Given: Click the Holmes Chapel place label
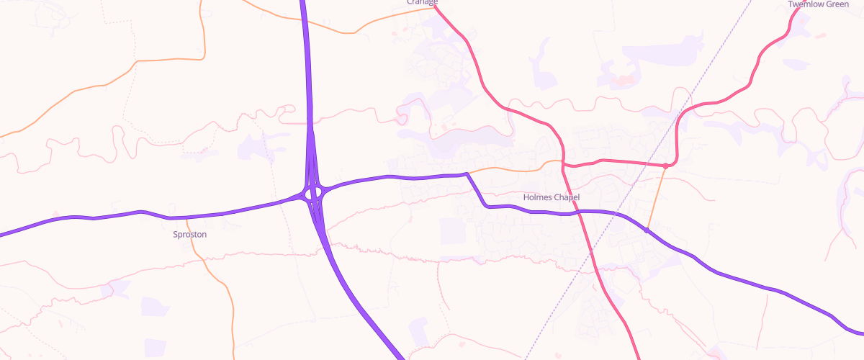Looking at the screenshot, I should coord(551,197).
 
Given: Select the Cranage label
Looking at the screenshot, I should coord(422,2).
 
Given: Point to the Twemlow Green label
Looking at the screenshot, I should coord(819,4).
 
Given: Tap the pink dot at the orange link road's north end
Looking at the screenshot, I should coord(666,166).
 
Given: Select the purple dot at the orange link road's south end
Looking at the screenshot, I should coord(647,230).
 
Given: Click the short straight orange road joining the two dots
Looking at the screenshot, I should coord(657,198).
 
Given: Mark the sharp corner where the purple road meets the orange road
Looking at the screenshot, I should coord(467,174).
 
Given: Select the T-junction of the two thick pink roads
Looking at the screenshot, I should coord(564,165).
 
